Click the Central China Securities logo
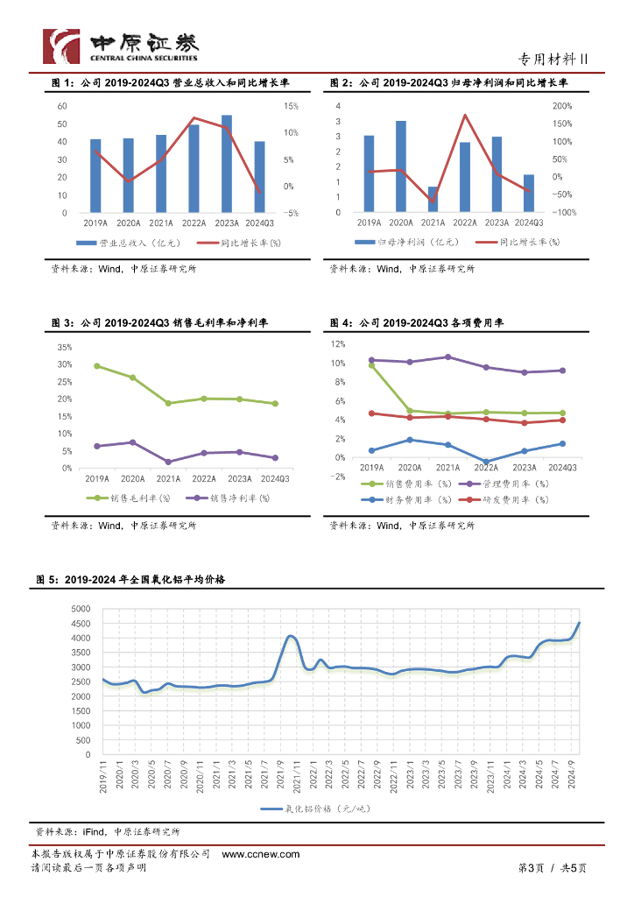click(122, 46)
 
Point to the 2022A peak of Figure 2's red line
click(465, 115)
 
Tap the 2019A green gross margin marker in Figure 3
click(96, 366)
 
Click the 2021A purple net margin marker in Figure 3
click(168, 462)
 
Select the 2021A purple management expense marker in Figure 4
click(448, 357)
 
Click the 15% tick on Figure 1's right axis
click(291, 106)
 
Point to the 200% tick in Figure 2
click(563, 106)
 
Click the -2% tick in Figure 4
click(337, 477)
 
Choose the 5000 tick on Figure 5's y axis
click(81, 609)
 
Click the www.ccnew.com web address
click(260, 854)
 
